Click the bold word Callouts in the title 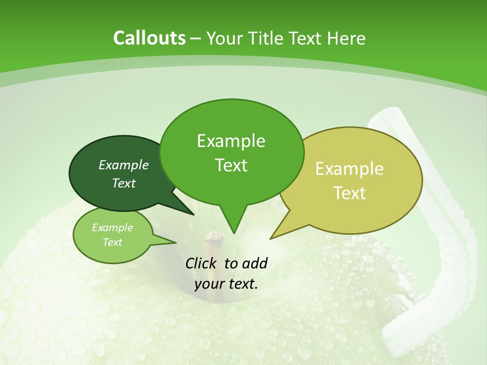click(149, 38)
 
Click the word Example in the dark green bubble click(124, 165)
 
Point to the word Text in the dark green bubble click(124, 183)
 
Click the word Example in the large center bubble click(231, 141)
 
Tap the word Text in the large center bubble click(231, 165)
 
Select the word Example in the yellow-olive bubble click(350, 169)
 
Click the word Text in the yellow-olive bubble click(350, 193)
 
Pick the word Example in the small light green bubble click(112, 228)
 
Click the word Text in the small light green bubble click(112, 242)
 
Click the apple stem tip click(215, 236)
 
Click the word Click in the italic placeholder click(202, 263)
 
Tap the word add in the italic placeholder click(255, 263)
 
